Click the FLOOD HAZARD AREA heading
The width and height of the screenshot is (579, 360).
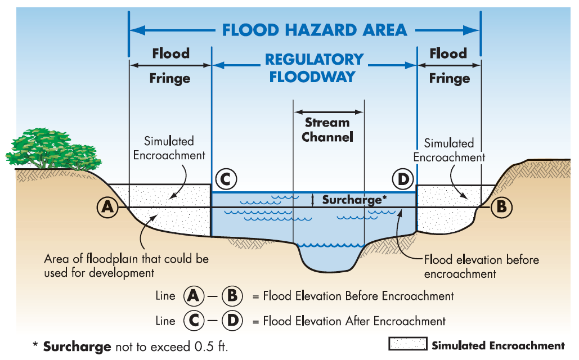point(314,29)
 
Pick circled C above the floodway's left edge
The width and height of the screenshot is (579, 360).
point(225,180)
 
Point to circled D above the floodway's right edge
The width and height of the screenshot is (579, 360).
point(403,180)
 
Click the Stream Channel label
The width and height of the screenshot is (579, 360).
point(327,129)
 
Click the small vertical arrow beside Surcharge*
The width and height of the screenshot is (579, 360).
point(313,200)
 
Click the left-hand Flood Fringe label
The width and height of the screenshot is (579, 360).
point(170,66)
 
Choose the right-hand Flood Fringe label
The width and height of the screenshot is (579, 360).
point(448,66)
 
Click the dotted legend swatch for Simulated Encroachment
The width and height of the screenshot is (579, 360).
point(407,345)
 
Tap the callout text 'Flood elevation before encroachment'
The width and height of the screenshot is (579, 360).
point(481,267)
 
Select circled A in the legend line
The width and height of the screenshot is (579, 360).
point(193,295)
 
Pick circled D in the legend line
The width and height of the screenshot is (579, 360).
point(232,321)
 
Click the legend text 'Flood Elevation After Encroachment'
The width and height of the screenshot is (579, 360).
point(354,321)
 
